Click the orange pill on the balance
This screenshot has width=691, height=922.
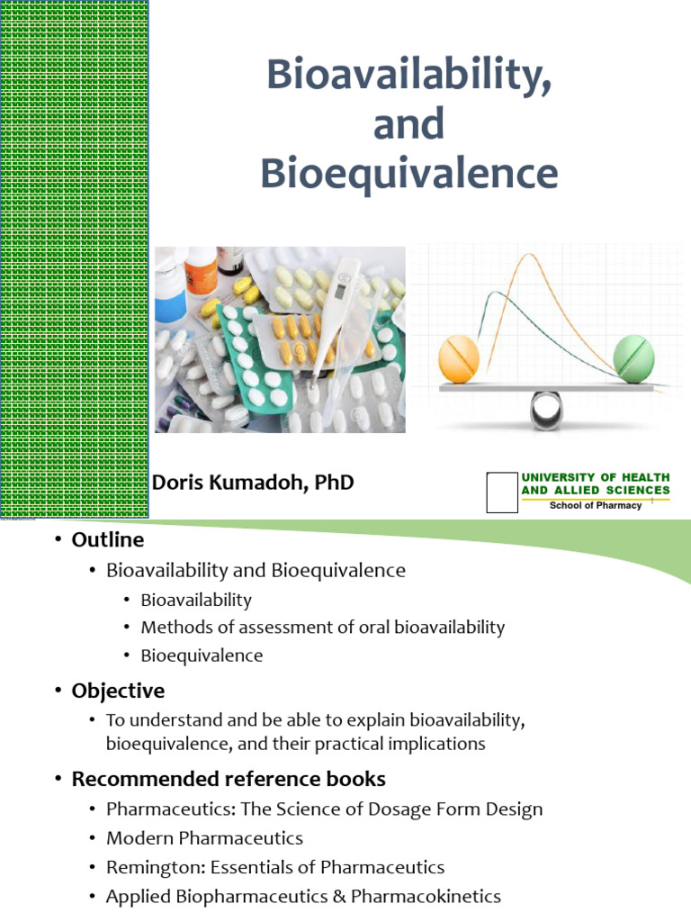460,358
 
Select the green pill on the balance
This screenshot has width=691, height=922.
633,357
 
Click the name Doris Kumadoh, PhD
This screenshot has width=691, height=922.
253,483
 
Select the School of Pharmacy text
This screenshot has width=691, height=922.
596,505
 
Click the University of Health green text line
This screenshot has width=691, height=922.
596,477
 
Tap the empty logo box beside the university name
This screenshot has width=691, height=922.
501,492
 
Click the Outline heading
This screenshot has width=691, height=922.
107,540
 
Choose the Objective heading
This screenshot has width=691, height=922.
118,691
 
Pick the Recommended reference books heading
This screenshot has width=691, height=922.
229,779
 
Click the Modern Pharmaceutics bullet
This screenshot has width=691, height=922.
204,838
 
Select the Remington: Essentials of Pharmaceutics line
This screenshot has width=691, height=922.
275,868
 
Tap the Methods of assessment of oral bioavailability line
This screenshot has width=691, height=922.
323,628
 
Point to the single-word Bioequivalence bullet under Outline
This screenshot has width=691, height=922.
202,655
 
